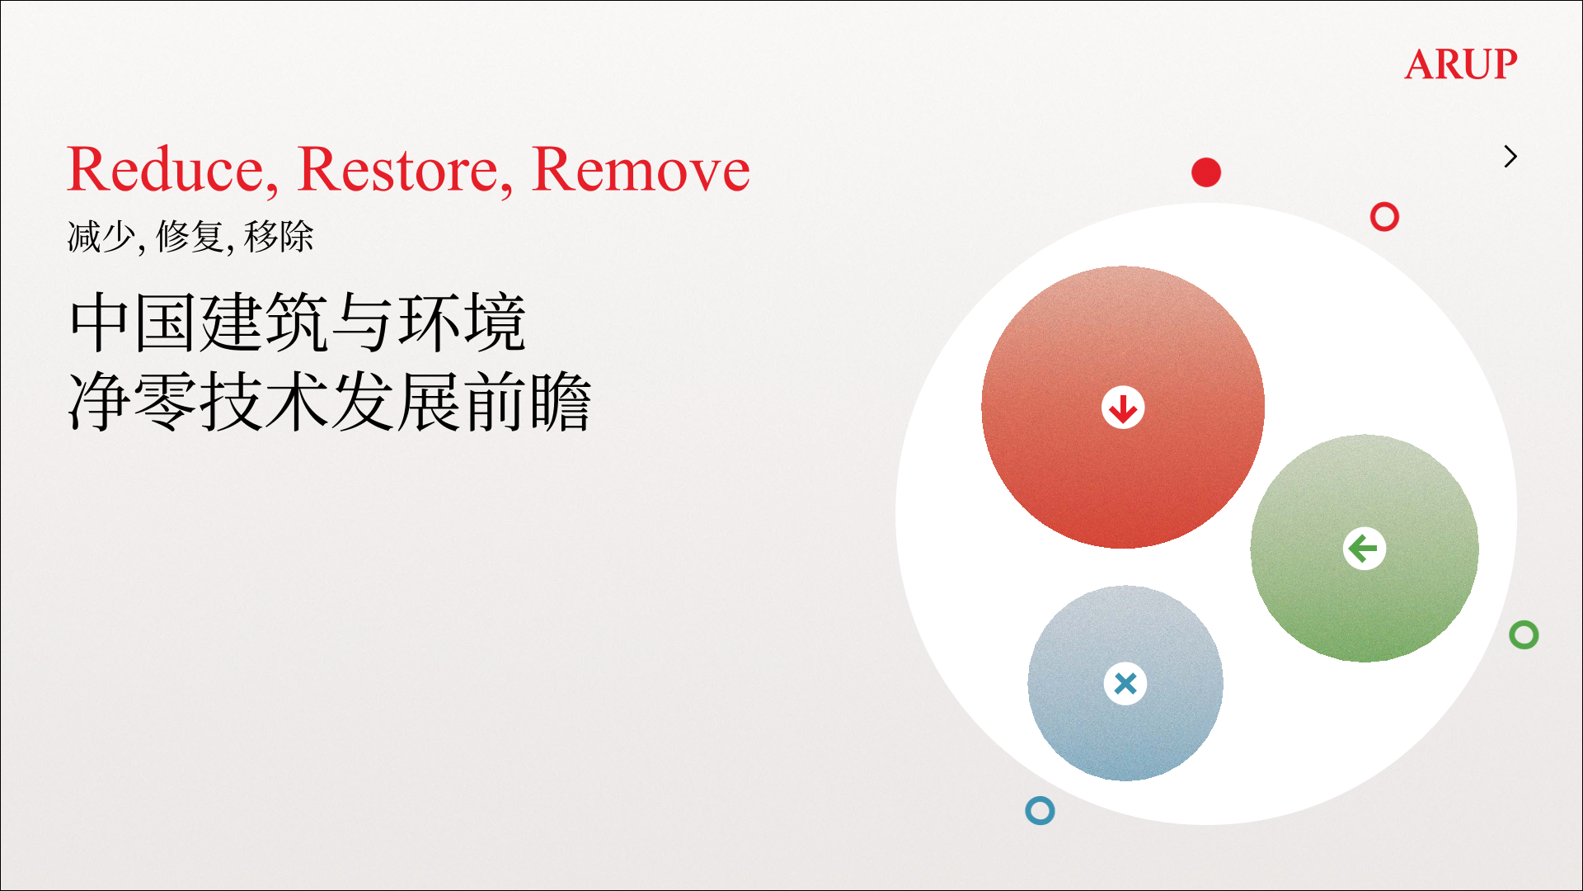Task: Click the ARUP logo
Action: pyautogui.click(x=1460, y=64)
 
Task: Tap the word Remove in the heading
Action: pyautogui.click(x=641, y=170)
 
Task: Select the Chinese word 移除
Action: pyautogui.click(x=279, y=237)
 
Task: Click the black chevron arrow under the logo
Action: pyautogui.click(x=1510, y=156)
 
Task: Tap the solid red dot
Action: pyautogui.click(x=1206, y=172)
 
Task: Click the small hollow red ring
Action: pyautogui.click(x=1384, y=203)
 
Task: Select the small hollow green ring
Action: pyautogui.click(x=1524, y=621)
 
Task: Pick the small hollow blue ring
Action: pyautogui.click(x=1040, y=797)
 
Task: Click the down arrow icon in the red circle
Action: pyautogui.click(x=1123, y=408)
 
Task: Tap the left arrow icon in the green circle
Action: pyautogui.click(x=1365, y=549)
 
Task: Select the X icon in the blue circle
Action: pyautogui.click(x=1125, y=683)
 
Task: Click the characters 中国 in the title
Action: pyautogui.click(x=134, y=322)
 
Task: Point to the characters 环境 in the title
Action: pyautogui.click(x=463, y=322)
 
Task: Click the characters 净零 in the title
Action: pyautogui.click(x=134, y=402)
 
